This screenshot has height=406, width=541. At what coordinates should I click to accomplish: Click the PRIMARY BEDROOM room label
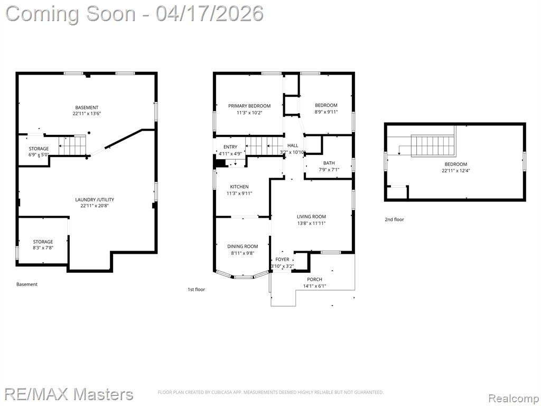(x=249, y=106)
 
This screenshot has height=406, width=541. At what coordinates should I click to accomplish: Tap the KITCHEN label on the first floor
(x=239, y=187)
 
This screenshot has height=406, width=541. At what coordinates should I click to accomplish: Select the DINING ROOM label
(x=242, y=246)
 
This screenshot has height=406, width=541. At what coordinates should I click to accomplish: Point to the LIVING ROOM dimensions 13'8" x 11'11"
(x=311, y=224)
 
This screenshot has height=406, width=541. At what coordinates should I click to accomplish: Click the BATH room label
(x=329, y=163)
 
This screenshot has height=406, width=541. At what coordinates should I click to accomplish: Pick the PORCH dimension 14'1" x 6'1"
(x=314, y=286)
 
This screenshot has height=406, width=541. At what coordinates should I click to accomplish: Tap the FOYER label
(x=282, y=259)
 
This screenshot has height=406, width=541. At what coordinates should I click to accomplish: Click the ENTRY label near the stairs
(x=230, y=147)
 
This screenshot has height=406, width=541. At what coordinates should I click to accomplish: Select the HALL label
(x=293, y=146)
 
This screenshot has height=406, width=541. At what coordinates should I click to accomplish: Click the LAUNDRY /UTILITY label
(x=95, y=199)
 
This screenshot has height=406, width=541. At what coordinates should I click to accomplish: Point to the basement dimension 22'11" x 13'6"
(x=87, y=114)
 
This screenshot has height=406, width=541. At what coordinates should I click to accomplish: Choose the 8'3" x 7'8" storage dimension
(x=43, y=248)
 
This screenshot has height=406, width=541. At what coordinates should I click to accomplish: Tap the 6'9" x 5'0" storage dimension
(x=39, y=155)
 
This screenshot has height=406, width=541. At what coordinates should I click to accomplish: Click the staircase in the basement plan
(x=72, y=145)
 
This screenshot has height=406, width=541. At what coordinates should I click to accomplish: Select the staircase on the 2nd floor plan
(x=433, y=145)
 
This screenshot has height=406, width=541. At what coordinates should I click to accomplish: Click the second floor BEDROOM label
(x=456, y=164)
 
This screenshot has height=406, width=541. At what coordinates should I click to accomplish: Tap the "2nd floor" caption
(x=394, y=219)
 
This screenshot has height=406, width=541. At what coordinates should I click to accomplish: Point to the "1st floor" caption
(x=197, y=290)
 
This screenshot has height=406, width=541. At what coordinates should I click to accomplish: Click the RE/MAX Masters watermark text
(x=69, y=394)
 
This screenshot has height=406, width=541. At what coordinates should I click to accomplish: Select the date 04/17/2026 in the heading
(x=209, y=14)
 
